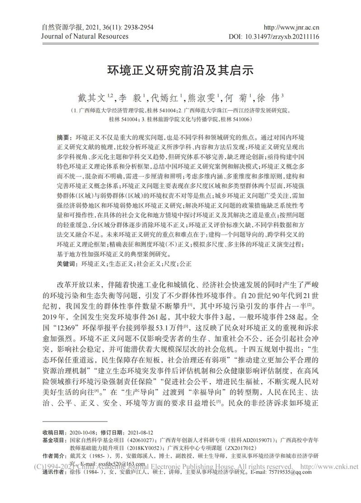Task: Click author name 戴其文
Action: click(x=92, y=97)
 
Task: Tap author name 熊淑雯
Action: click(x=202, y=97)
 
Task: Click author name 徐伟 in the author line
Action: click(x=268, y=97)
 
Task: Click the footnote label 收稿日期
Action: click(x=55, y=432)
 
